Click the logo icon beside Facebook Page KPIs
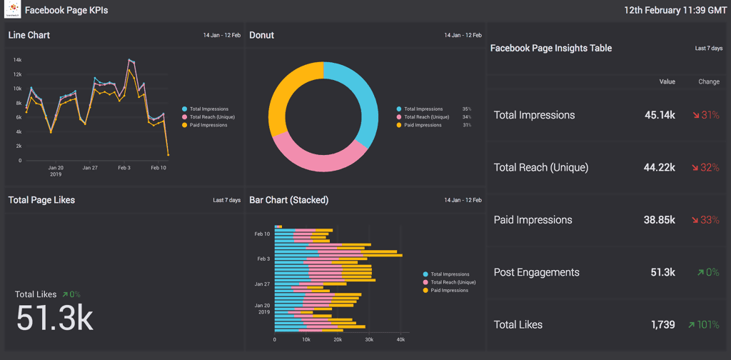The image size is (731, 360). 13,11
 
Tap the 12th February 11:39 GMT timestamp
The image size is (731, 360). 674,11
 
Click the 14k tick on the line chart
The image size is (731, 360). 17,60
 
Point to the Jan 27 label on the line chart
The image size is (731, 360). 90,168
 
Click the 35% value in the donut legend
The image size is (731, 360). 466,109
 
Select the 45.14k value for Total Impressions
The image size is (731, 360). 660,115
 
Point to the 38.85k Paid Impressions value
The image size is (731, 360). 659,220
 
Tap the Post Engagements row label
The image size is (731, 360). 536,272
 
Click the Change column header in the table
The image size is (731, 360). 708,82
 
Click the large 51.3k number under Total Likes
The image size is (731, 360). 54,319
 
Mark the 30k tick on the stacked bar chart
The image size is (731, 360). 369,339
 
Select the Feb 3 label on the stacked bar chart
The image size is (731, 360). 263,259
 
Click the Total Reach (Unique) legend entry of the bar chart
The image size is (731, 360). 453,282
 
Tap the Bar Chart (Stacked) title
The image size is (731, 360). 288,200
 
